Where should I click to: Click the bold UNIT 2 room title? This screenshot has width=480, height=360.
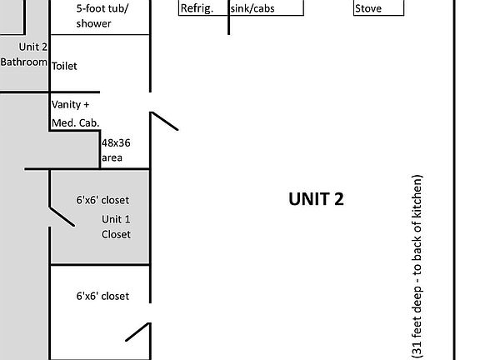(316, 199)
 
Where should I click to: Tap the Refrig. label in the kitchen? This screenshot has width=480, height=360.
(197, 8)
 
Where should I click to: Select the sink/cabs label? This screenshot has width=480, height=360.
(252, 8)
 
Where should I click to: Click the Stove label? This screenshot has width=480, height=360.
(368, 8)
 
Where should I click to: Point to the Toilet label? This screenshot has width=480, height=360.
(64, 66)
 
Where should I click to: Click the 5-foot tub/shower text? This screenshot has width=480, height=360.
(102, 16)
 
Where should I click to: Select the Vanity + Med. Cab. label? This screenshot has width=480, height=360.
(76, 114)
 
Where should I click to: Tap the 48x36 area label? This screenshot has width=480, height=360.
(116, 150)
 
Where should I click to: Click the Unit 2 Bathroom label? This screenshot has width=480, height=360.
(24, 54)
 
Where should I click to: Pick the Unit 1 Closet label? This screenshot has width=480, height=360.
(116, 227)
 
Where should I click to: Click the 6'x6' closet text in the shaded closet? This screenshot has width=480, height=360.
(102, 200)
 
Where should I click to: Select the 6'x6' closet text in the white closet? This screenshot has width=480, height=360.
(102, 296)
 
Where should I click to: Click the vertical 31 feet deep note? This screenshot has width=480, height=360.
(417, 267)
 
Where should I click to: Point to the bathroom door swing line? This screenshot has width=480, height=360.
(164, 121)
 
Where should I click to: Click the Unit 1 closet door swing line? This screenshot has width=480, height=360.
(62, 217)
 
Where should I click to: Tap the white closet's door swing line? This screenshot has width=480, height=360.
(138, 332)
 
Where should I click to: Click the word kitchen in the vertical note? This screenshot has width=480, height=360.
(417, 196)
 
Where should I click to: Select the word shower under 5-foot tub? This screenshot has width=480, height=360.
(93, 23)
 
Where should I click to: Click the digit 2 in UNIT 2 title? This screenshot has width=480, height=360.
(339, 199)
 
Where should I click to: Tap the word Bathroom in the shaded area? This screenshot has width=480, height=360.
(24, 62)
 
